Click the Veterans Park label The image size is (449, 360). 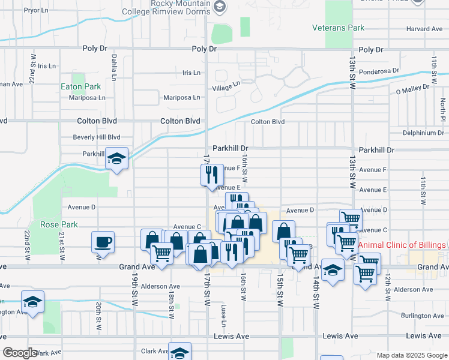(x=339, y=28)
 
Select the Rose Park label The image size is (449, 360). (x=59, y=224)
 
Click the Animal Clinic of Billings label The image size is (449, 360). (x=402, y=245)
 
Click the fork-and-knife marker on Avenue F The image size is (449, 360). (x=211, y=175)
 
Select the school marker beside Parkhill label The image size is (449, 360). (x=117, y=159)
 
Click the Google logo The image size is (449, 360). (x=20, y=353)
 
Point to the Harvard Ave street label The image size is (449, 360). (x=424, y=29)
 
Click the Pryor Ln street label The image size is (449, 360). (x=36, y=10)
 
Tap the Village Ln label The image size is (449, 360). (x=226, y=87)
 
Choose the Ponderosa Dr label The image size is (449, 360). (x=379, y=71)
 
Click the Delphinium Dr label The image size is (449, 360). (x=423, y=133)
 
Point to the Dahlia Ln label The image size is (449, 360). (x=113, y=67)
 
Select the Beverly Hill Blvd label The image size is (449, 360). (x=97, y=137)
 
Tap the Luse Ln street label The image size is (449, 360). (x=223, y=314)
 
